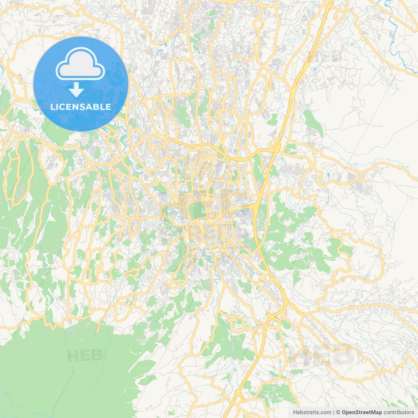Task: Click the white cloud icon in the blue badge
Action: [80, 64]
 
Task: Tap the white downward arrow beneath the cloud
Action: [76, 90]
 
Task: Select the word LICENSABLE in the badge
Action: [81, 107]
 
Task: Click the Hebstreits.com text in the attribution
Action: [312, 412]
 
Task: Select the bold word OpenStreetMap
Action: [362, 412]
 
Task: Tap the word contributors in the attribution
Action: [399, 412]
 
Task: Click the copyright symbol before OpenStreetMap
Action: [338, 412]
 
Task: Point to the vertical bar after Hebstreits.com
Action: [334, 412]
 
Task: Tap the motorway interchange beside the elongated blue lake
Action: [256, 206]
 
